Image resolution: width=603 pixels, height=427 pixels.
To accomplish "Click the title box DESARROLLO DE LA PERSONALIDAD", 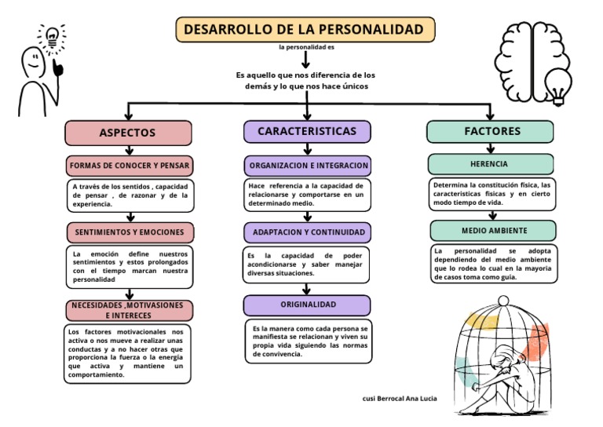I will (x=305, y=30).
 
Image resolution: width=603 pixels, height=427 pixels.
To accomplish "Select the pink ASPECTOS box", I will (x=128, y=133).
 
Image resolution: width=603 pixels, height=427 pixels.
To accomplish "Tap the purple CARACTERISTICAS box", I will (x=306, y=131).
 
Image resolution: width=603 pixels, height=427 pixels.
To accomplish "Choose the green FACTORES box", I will (x=489, y=131).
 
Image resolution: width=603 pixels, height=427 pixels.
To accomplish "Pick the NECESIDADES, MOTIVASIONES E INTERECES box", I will (x=129, y=310).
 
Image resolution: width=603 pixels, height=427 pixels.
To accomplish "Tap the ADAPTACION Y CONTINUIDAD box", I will (x=307, y=232).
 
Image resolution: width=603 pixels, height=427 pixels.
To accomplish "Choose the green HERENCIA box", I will (x=489, y=164).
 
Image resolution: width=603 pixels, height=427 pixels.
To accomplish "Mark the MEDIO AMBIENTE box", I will (x=492, y=231).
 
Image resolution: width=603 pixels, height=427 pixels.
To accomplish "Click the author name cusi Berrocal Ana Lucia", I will (x=400, y=399).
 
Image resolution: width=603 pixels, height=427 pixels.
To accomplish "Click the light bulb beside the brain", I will (x=557, y=86).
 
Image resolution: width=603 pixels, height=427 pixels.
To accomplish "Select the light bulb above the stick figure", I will (x=53, y=35).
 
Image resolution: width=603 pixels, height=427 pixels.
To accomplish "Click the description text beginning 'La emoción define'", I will (x=130, y=267).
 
